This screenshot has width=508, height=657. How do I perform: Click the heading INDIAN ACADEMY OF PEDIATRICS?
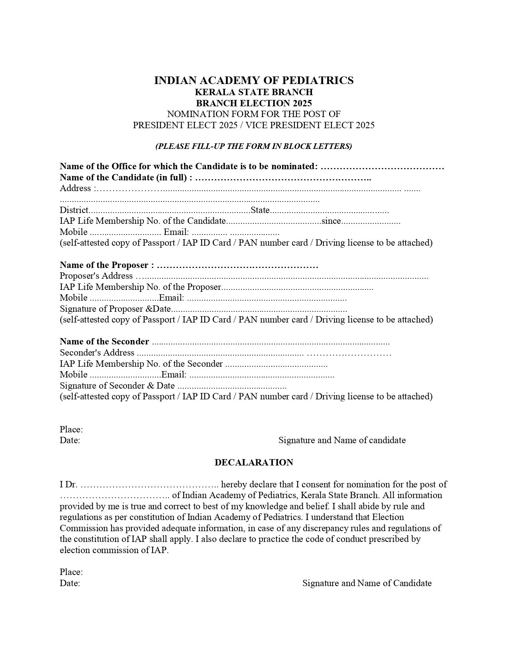254,80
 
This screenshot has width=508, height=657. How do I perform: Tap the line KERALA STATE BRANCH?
254,92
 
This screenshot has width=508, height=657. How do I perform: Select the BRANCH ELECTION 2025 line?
254,104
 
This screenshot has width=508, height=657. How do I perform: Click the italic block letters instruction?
254,146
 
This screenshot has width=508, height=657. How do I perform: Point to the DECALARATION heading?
254,462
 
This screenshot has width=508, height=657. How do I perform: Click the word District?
74,210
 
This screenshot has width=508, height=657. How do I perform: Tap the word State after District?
260,210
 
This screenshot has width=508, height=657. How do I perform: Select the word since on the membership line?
331,221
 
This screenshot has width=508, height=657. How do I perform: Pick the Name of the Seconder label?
104,342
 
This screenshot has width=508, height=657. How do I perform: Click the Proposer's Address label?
96,276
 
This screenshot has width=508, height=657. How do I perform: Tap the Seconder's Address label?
97,353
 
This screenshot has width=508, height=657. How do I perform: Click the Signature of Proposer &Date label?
115,309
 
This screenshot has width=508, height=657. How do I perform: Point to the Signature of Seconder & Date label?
117,386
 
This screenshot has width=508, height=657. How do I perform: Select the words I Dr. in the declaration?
68,485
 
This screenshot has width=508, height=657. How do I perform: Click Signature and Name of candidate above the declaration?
342,440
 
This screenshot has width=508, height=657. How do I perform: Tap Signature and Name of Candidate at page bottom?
367,583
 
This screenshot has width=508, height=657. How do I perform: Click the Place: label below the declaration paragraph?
71,572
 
